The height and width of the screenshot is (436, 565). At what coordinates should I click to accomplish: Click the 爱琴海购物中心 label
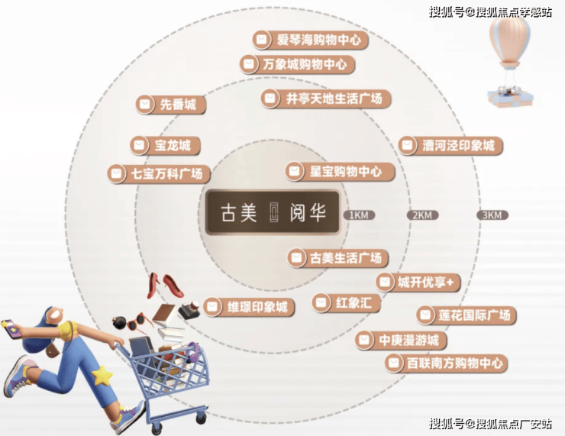[310, 40]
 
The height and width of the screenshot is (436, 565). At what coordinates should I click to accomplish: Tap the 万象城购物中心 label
[297, 64]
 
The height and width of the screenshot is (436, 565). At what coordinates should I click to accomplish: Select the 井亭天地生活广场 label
[326, 99]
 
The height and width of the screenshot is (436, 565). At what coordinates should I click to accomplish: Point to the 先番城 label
[171, 105]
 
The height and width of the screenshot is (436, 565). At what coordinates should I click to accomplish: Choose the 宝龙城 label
[165, 146]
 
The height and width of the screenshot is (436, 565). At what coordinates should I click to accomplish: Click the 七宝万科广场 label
[159, 173]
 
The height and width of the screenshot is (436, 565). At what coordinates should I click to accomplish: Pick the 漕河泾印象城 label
[450, 146]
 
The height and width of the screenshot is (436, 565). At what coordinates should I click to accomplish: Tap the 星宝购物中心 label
[340, 171]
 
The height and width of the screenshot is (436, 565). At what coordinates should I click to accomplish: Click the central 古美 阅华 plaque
[273, 212]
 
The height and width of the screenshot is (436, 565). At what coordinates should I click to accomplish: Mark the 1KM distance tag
[359, 215]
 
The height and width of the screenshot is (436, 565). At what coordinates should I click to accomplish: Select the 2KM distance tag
[422, 215]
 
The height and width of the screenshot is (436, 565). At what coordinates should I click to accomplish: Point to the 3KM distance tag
[492, 215]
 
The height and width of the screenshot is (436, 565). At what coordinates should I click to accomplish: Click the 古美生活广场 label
[337, 258]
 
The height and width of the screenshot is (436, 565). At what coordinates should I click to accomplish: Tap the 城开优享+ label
[418, 282]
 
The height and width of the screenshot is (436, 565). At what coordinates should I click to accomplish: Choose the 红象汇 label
[347, 302]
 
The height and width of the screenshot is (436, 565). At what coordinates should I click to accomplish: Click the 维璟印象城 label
[249, 307]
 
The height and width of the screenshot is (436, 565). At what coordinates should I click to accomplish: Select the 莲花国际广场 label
[467, 315]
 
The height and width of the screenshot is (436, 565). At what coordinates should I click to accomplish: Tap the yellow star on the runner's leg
[102, 376]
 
